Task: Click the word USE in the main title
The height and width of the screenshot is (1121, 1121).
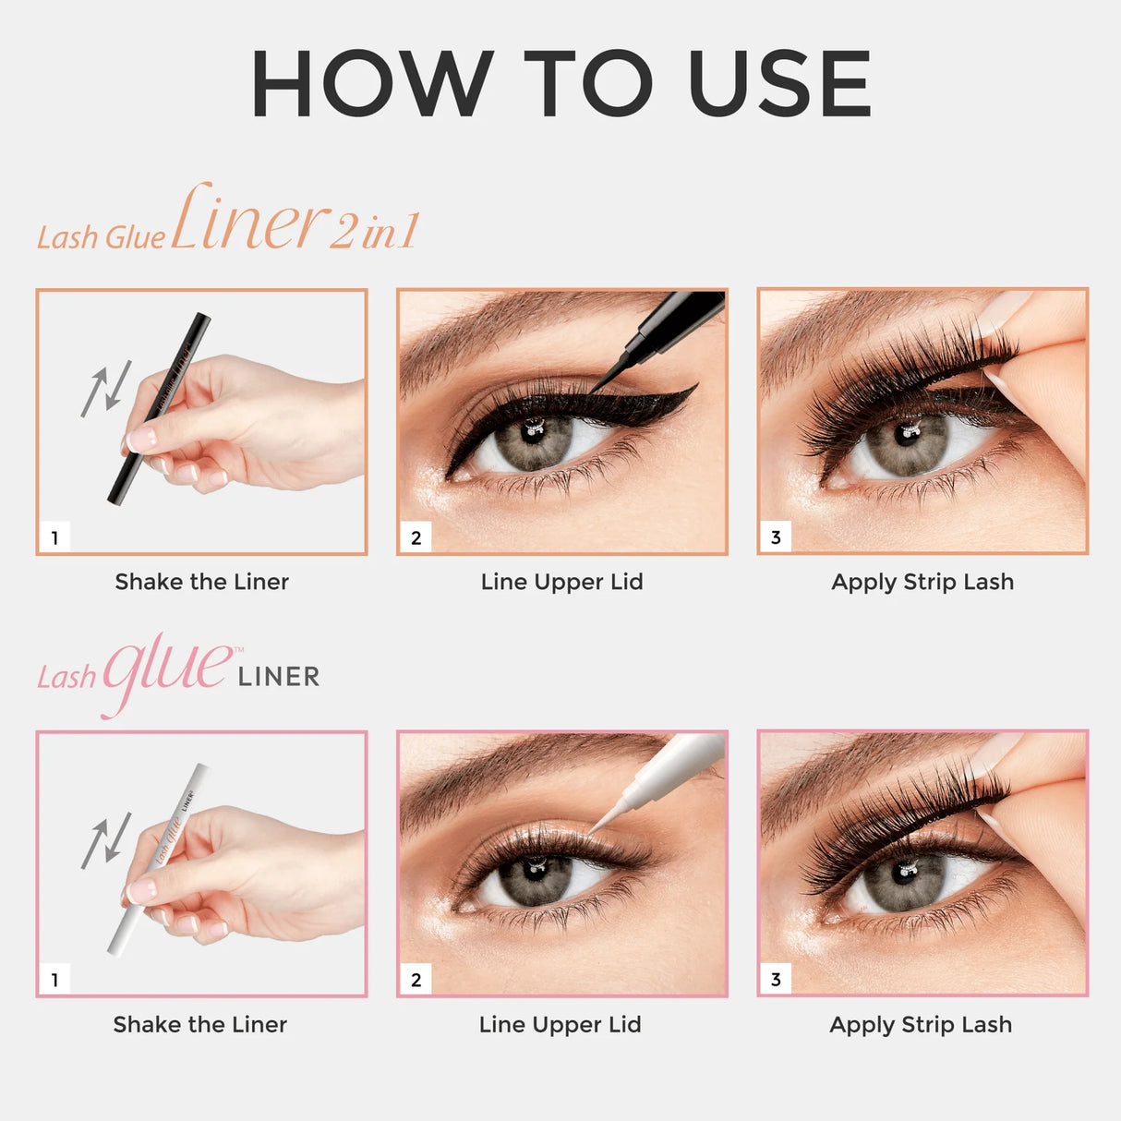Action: pos(779,84)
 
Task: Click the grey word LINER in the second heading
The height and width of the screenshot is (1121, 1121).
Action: pos(278,677)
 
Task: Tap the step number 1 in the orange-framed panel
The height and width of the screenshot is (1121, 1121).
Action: pos(54,537)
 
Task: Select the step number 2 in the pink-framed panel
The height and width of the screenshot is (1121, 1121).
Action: pos(416,980)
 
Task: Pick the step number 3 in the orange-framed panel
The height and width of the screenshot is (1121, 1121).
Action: pos(776,537)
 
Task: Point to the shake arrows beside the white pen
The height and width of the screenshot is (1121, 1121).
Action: pos(105,840)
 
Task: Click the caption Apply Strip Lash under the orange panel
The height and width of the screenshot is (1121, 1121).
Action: pos(922,582)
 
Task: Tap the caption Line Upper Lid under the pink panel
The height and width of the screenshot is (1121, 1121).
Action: pos(560,1024)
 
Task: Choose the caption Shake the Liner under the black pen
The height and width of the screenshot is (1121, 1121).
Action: pos(201,582)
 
